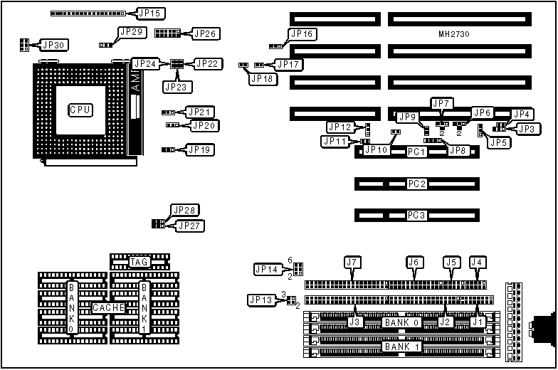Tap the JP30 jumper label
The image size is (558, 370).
53,45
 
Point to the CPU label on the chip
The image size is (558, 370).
80,110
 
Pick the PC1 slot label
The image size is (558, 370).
416,152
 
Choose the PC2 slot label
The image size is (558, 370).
416,184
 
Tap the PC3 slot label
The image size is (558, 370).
416,215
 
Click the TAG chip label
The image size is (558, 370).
139,262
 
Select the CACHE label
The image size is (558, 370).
109,308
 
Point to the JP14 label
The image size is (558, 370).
267,269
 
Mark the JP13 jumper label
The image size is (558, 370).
260,300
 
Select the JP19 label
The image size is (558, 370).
199,149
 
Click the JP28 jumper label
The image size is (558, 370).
184,210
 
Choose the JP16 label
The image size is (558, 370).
302,34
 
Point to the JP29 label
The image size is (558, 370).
132,32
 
